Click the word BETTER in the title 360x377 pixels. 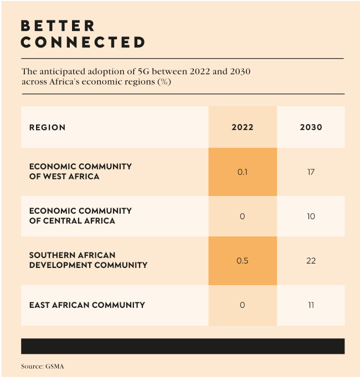tap(58, 26)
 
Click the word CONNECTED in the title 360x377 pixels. tap(83, 42)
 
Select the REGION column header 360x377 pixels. tap(47, 127)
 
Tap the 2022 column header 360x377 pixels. tap(243, 127)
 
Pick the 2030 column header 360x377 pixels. tap(311, 127)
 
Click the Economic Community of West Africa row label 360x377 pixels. tap(80, 172)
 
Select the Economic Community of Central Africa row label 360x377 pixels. tap(80, 216)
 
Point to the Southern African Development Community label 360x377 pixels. tap(88, 260)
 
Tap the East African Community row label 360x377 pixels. tap(87, 305)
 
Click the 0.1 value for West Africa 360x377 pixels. tap(243, 172)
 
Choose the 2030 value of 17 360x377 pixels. tap(311, 172)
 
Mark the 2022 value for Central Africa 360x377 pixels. tap(243, 216)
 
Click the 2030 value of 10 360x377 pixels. tap(311, 216)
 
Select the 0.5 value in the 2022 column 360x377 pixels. tap(243, 261)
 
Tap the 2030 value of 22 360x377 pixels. tap(311, 261)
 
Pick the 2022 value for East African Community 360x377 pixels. tap(243, 305)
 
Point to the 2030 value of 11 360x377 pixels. tap(311, 305)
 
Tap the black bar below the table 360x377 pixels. tap(183, 346)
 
